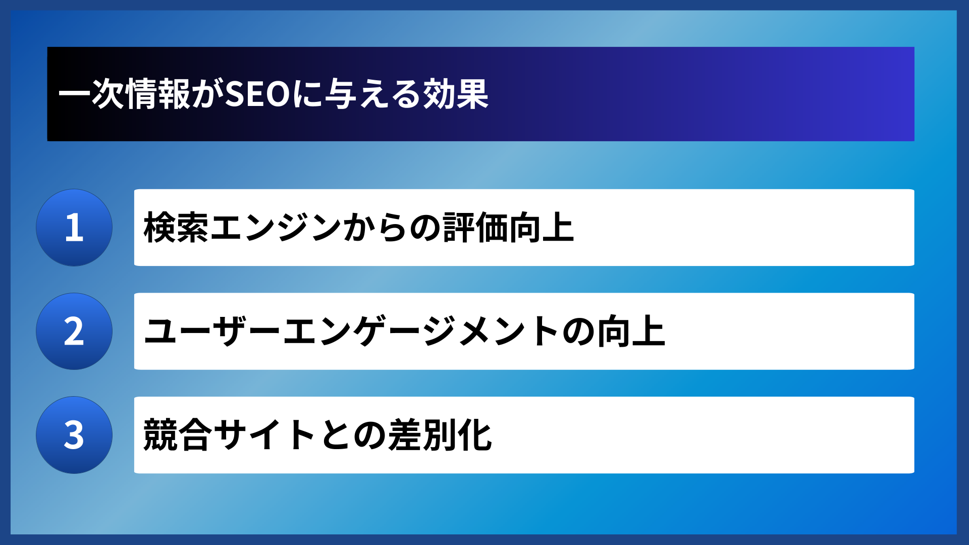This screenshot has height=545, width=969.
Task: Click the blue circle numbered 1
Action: (x=74, y=228)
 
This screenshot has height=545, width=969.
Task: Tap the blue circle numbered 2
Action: (x=74, y=331)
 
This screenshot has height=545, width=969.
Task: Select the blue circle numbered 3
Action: (x=74, y=434)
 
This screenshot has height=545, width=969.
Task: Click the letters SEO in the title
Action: (x=257, y=94)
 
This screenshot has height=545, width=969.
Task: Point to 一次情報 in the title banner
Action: (x=124, y=94)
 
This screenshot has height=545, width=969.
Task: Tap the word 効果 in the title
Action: (x=456, y=94)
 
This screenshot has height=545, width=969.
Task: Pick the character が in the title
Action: (x=207, y=94)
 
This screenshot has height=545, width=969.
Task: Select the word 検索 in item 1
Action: (x=176, y=228)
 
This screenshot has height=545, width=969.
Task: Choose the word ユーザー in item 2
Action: (x=212, y=331)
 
